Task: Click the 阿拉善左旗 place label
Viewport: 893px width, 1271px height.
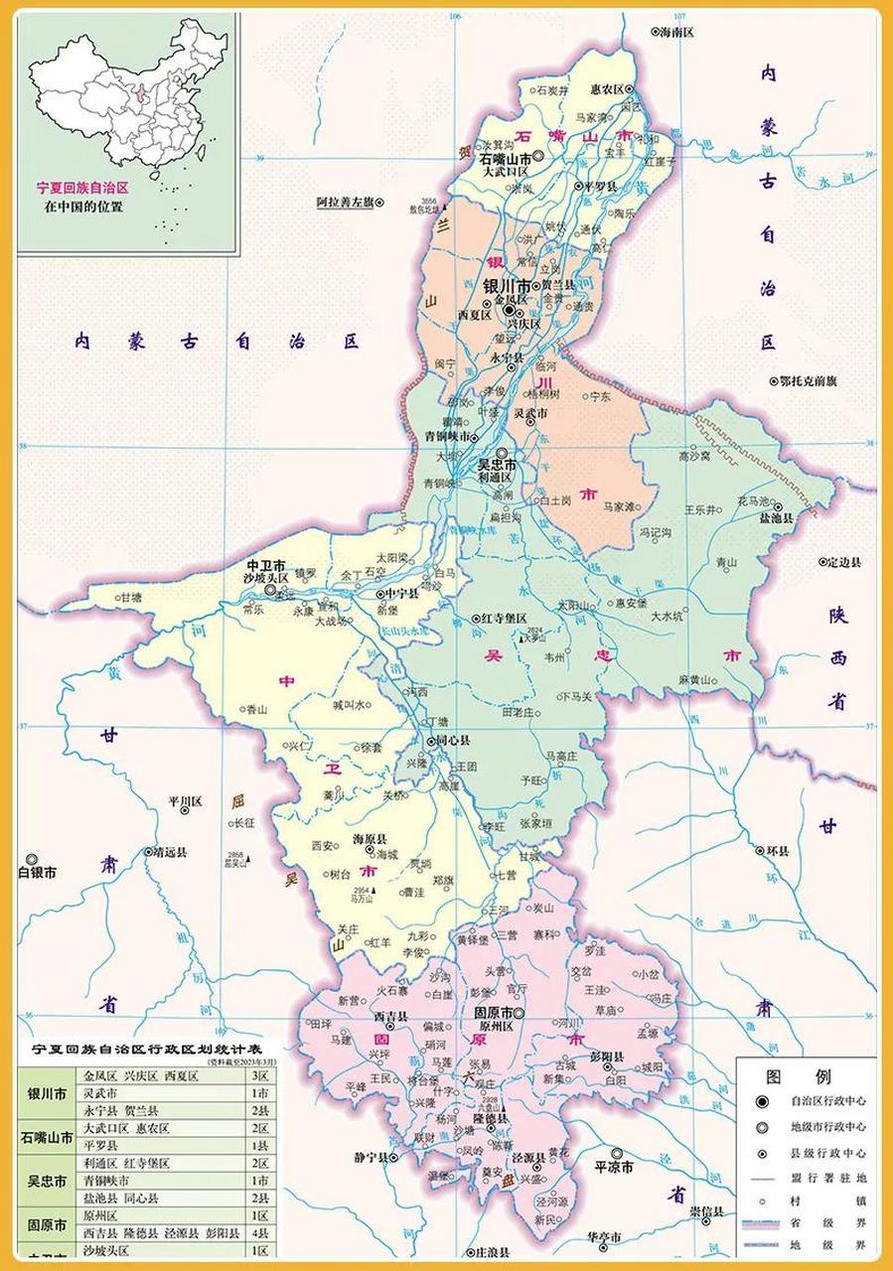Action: [x=344, y=202]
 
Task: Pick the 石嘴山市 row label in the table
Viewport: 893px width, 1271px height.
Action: [x=47, y=1138]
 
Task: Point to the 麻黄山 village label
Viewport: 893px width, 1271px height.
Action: [x=696, y=679]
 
